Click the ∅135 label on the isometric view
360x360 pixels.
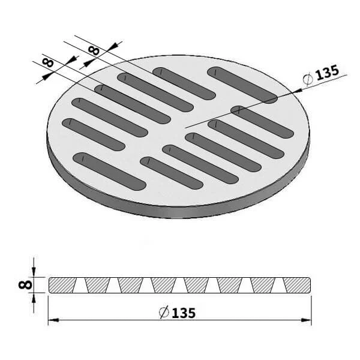pyautogui.click(x=322, y=74)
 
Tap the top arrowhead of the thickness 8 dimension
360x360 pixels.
pyautogui.click(x=34, y=273)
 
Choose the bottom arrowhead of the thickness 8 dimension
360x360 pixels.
pyautogui.click(x=34, y=296)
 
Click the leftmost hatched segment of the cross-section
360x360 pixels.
pyautogui.click(x=62, y=285)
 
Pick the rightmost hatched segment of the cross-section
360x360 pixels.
pyautogui.click(x=299, y=285)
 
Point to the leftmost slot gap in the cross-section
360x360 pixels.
pyautogui.click(x=80, y=286)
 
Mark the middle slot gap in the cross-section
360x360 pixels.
pyautogui.click(x=179, y=286)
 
